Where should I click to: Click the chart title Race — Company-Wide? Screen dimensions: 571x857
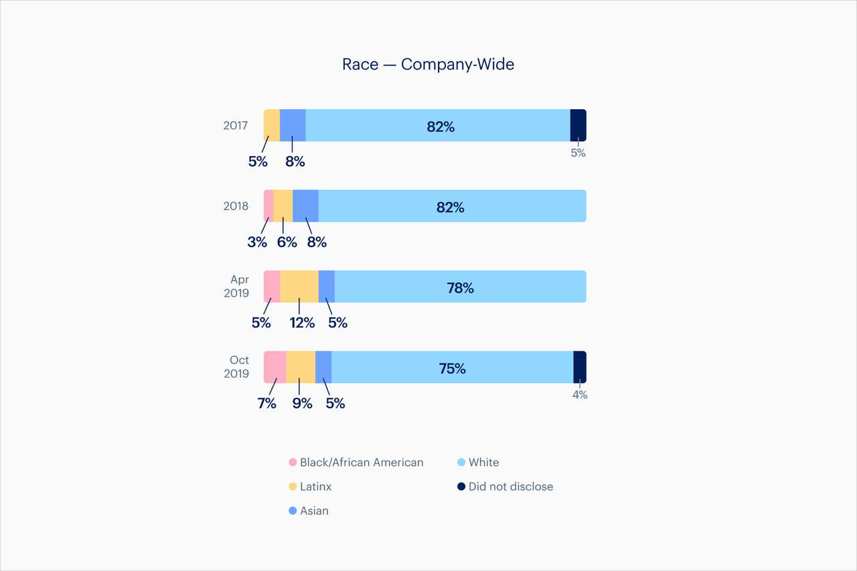coord(428,64)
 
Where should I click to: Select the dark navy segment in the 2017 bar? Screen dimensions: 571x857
coord(578,125)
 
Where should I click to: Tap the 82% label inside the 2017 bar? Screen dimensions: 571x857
coord(440,127)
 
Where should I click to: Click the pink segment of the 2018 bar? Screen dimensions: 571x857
coord(268,206)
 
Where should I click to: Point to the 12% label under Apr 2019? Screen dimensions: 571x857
coord(301,323)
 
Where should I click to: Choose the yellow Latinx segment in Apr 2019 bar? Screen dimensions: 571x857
coord(299,287)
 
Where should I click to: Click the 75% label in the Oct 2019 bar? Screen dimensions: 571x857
coord(452,368)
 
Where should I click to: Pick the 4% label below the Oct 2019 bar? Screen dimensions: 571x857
coord(579,395)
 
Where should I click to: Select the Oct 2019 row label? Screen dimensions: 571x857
coord(236,367)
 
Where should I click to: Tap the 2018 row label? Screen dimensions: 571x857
coord(236,206)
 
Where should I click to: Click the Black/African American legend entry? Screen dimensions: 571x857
coord(356,463)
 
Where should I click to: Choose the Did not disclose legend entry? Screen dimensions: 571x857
coord(505,487)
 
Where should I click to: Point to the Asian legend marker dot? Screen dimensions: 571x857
coord(292,511)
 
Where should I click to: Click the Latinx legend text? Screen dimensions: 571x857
coord(315,487)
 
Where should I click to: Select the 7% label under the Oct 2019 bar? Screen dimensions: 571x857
coord(266,404)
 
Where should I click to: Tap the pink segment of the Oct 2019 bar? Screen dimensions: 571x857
coord(275,367)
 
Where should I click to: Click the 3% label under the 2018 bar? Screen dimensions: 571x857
coord(256,242)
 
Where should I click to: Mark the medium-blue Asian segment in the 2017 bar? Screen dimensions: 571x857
coord(293,125)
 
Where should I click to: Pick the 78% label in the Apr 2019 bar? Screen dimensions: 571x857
coord(460,288)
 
